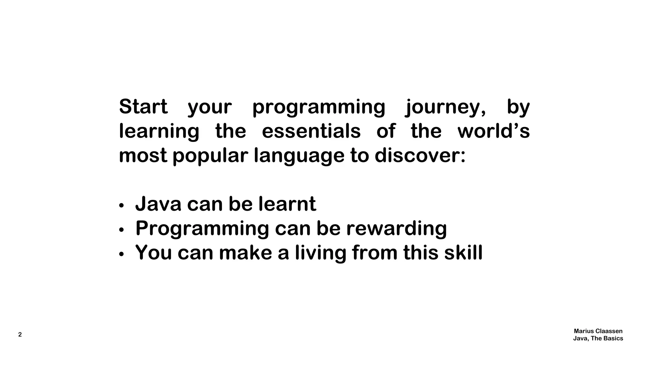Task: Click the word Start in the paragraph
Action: pos(143,107)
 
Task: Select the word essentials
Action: pos(311,131)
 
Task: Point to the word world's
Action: pos(493,131)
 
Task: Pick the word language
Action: pos(299,156)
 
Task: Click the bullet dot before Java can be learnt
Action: pos(121,206)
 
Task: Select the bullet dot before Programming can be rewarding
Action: pos(121,230)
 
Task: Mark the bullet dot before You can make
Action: pos(121,254)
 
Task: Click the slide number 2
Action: pos(20,335)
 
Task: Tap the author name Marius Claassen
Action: pos(598,331)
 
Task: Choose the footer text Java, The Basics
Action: pos(598,338)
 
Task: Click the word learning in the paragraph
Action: pos(159,132)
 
